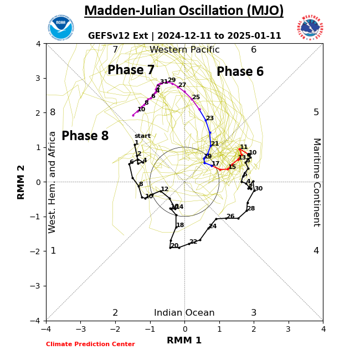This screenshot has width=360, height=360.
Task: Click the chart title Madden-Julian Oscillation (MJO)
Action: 184,11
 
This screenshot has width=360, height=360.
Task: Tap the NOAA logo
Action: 60,28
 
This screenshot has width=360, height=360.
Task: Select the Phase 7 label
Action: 131,70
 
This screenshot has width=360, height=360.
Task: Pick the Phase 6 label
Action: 240,72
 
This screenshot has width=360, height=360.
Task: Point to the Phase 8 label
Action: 85,136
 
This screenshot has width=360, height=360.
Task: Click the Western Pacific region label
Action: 184,50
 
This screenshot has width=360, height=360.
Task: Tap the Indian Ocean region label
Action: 184,313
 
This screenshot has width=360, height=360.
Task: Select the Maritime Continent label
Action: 316,182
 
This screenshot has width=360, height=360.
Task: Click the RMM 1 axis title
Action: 184,341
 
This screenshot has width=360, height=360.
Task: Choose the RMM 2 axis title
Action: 22,182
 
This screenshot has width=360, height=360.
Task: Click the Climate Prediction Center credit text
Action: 90,344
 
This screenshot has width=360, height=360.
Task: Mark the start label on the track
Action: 142,136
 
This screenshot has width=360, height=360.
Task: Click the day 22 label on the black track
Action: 193,242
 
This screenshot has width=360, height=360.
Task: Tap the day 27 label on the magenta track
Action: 182,85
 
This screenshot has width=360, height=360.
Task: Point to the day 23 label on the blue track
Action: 209,119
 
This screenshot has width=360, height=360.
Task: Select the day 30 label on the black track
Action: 259,189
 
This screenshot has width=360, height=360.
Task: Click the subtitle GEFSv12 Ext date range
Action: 184,36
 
